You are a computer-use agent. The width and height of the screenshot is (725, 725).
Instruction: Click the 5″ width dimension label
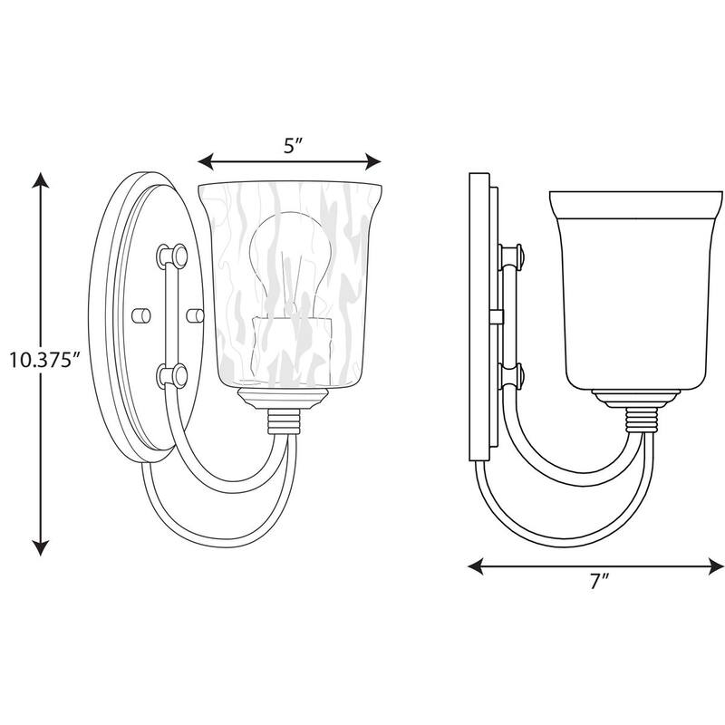tap(292, 146)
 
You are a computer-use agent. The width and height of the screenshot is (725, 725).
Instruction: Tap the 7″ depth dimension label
tap(600, 581)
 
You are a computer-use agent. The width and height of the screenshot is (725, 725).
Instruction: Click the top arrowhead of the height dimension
tap(41, 180)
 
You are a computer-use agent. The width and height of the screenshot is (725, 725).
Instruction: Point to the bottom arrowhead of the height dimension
tap(41, 547)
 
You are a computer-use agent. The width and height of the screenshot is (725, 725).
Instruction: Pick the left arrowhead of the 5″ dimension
tap(206, 162)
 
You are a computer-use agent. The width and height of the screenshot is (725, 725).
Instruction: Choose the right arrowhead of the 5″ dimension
tap(373, 162)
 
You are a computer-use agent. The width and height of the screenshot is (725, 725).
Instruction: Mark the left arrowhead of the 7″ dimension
tap(476, 566)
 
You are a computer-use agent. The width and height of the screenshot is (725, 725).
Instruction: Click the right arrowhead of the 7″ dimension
tap(716, 566)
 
